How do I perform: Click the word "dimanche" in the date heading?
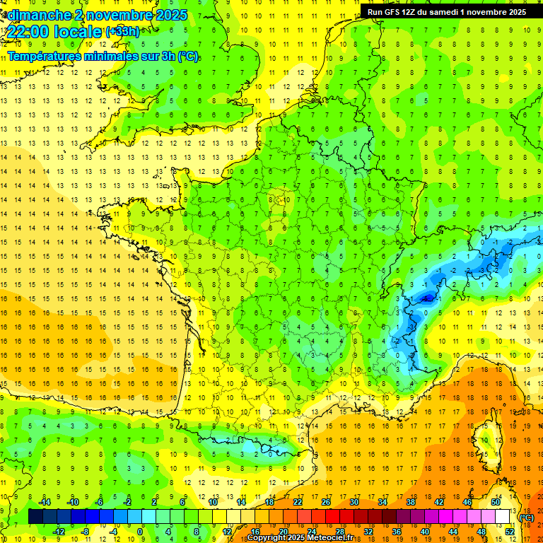pyautogui.click(x=35, y=15)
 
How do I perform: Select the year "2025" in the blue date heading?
pyautogui.click(x=169, y=15)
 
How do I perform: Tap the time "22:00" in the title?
pyautogui.click(x=29, y=32)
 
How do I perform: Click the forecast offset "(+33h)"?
pyautogui.click(x=122, y=31)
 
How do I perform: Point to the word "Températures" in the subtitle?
pyautogui.click(x=43, y=56)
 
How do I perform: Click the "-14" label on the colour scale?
pyautogui.click(x=45, y=502)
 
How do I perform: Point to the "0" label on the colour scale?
pyautogui.click(x=140, y=531)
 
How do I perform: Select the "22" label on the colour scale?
pyautogui.click(x=298, y=502)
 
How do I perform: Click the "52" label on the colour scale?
pyautogui.click(x=509, y=531)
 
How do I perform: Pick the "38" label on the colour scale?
pyautogui.click(x=411, y=502)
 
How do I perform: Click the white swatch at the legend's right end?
pyautogui.click(x=502, y=517)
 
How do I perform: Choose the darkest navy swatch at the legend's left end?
pyautogui.click(x=35, y=517)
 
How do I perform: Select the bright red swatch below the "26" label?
pyautogui.click(x=332, y=517)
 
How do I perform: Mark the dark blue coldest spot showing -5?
pyautogui.click(x=426, y=298)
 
